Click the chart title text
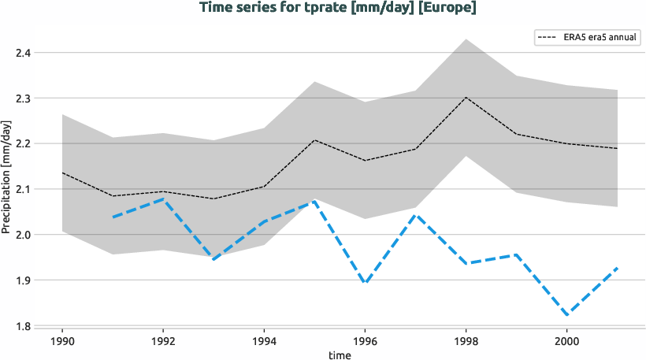coord(338,9)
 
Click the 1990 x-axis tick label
coord(61,343)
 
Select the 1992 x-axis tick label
coord(162,343)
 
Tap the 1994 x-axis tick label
coord(263,343)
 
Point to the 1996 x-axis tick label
coord(364,343)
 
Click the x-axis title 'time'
coord(340,355)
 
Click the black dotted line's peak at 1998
coord(466,98)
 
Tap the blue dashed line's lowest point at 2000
coord(566,315)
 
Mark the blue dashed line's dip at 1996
coord(365,283)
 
